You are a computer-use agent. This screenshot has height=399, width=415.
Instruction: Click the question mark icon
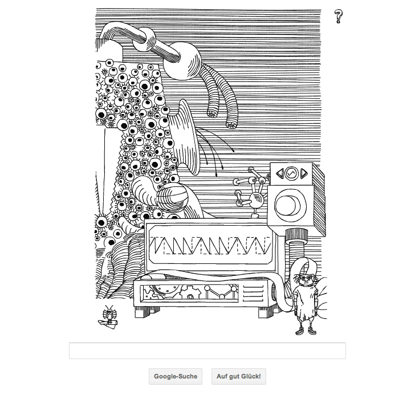(338, 17)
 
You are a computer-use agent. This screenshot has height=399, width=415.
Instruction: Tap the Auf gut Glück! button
(239, 376)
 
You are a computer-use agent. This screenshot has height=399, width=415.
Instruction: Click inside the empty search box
(207, 351)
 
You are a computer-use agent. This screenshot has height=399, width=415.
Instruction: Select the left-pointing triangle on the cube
(280, 174)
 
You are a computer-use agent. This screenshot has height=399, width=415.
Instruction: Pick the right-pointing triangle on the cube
(304, 173)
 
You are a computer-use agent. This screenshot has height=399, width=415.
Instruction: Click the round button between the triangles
(292, 174)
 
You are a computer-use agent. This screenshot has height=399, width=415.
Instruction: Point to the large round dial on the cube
(290, 206)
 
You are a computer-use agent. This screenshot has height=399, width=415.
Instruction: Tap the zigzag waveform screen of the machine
(210, 245)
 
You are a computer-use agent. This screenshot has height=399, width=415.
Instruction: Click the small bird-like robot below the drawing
(109, 317)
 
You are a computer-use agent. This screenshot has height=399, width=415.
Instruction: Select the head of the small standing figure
(306, 279)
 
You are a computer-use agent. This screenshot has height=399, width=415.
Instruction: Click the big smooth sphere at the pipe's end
(182, 61)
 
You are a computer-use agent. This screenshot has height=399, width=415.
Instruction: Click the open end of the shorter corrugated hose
(212, 113)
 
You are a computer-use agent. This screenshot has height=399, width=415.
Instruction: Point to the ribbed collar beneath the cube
(296, 234)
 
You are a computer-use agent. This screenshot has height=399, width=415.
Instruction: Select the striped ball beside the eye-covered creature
(172, 196)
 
